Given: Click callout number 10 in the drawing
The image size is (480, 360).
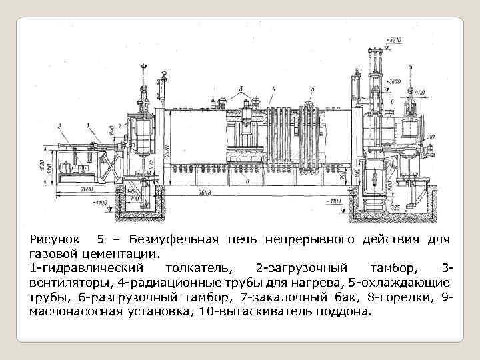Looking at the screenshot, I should (432, 137).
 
